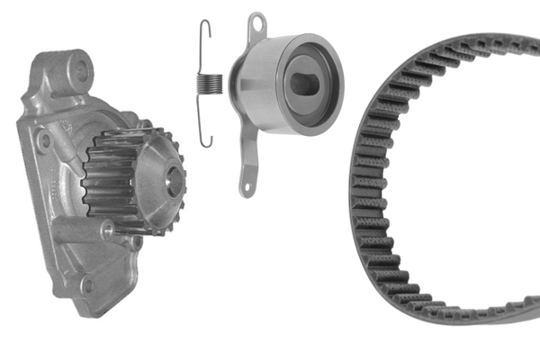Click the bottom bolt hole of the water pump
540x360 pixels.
click(x=87, y=287)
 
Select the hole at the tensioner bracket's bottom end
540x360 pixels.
click(x=246, y=184)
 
